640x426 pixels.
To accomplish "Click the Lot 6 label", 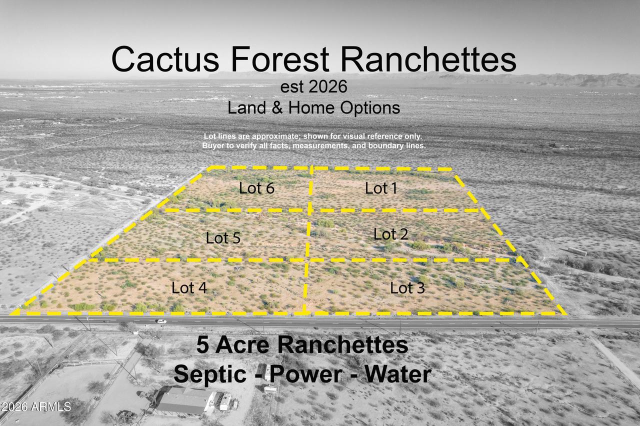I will click(256, 188).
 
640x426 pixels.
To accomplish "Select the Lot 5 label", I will click(223, 238).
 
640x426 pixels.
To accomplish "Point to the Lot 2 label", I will click(390, 233).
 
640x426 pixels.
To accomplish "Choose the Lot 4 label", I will click(189, 287).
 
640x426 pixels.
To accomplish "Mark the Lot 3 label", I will click(408, 287).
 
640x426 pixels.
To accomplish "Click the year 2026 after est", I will click(327, 86).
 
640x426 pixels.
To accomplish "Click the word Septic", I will click(212, 374).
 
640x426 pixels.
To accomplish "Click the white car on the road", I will click(160, 321).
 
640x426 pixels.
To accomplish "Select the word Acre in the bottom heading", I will click(242, 345).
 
